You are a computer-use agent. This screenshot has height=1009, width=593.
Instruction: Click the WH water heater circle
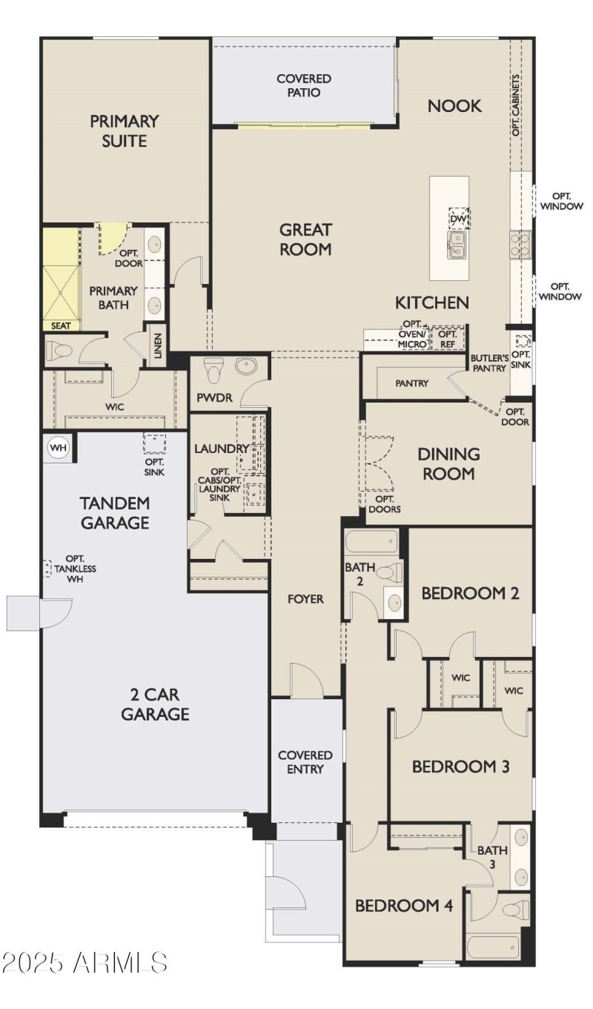(57, 447)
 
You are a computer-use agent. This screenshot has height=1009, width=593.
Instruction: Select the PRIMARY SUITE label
(125, 130)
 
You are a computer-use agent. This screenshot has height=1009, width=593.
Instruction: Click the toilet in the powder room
(213, 369)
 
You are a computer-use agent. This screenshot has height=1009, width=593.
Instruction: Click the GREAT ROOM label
(305, 239)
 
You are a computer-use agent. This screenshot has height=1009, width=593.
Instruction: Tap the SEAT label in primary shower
(61, 325)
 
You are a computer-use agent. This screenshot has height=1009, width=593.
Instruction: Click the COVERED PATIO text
(304, 85)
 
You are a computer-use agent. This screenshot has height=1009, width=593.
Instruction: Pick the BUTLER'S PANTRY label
(490, 363)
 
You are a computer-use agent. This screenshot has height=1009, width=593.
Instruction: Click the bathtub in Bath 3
(494, 947)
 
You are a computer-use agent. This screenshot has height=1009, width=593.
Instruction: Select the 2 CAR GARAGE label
(156, 704)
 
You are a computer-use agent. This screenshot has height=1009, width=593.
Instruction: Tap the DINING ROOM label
(448, 463)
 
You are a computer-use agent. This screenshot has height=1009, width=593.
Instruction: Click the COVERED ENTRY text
(305, 762)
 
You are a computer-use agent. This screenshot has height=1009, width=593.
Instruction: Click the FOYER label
(306, 598)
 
